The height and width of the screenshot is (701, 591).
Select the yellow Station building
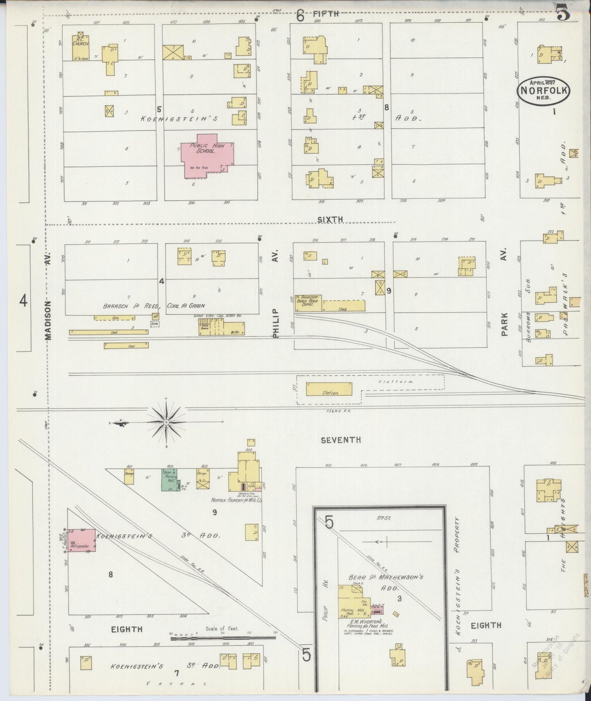(x=329, y=389)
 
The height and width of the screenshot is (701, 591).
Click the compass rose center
(x=166, y=422)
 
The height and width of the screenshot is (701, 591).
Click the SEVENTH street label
(x=341, y=440)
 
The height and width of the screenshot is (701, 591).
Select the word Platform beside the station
(x=401, y=382)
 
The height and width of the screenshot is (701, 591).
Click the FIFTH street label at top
(x=327, y=14)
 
